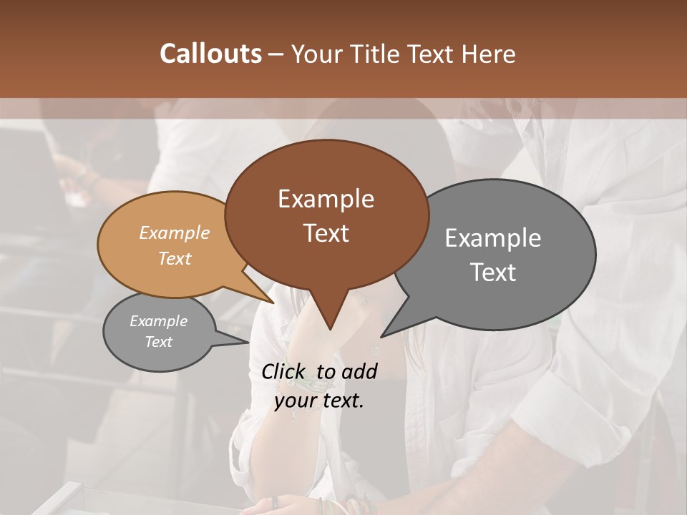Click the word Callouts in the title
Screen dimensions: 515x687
tap(210, 54)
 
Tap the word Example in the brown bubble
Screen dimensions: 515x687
tap(326, 199)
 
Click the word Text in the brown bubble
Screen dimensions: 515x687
tap(326, 232)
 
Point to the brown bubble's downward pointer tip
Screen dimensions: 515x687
tap(330, 329)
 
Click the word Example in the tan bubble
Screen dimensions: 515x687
tap(175, 232)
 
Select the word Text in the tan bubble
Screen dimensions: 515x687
tap(175, 258)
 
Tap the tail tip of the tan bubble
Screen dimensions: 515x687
tap(274, 303)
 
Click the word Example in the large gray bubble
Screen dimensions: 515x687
tap(493, 238)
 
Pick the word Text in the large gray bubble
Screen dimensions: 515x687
tap(493, 272)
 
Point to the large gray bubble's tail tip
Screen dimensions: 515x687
tap(381, 336)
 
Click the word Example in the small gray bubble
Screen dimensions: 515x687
tap(159, 321)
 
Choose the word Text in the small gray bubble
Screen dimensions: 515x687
tap(159, 342)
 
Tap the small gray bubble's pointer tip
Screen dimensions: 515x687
tap(250, 343)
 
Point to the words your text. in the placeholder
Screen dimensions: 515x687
tap(319, 401)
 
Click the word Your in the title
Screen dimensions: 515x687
tap(316, 54)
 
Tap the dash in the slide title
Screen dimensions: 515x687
tap(276, 54)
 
